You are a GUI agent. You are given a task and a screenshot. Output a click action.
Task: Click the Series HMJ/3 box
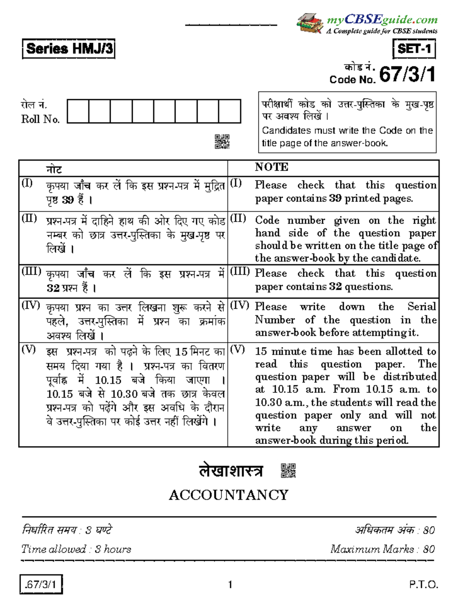point(69,49)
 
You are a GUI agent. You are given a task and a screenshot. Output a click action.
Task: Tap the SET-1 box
point(414,49)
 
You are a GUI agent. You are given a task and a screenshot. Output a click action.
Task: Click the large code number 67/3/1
point(407,74)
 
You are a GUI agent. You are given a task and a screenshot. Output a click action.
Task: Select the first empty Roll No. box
point(78,111)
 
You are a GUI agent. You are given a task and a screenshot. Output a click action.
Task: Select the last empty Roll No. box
point(230,111)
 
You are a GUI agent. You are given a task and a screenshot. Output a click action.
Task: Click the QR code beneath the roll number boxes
point(222,141)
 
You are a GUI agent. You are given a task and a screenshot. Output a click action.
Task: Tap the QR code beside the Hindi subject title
point(288,471)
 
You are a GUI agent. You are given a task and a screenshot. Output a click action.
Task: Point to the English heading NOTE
point(272,167)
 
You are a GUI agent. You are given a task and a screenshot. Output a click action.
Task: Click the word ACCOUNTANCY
point(229,495)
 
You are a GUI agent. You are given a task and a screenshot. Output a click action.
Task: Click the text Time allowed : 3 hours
point(76,549)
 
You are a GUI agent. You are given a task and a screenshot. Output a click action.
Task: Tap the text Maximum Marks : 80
point(382,549)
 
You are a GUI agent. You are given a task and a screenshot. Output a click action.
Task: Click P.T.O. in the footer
point(423,584)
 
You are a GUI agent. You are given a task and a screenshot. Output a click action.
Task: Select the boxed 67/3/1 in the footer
point(41,584)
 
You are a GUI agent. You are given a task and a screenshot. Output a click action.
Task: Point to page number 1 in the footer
point(230,584)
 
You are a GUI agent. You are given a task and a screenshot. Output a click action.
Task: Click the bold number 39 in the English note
point(335,199)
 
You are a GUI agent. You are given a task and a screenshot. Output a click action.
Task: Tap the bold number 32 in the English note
point(335,287)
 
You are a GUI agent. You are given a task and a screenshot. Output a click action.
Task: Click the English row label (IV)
point(239,305)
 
